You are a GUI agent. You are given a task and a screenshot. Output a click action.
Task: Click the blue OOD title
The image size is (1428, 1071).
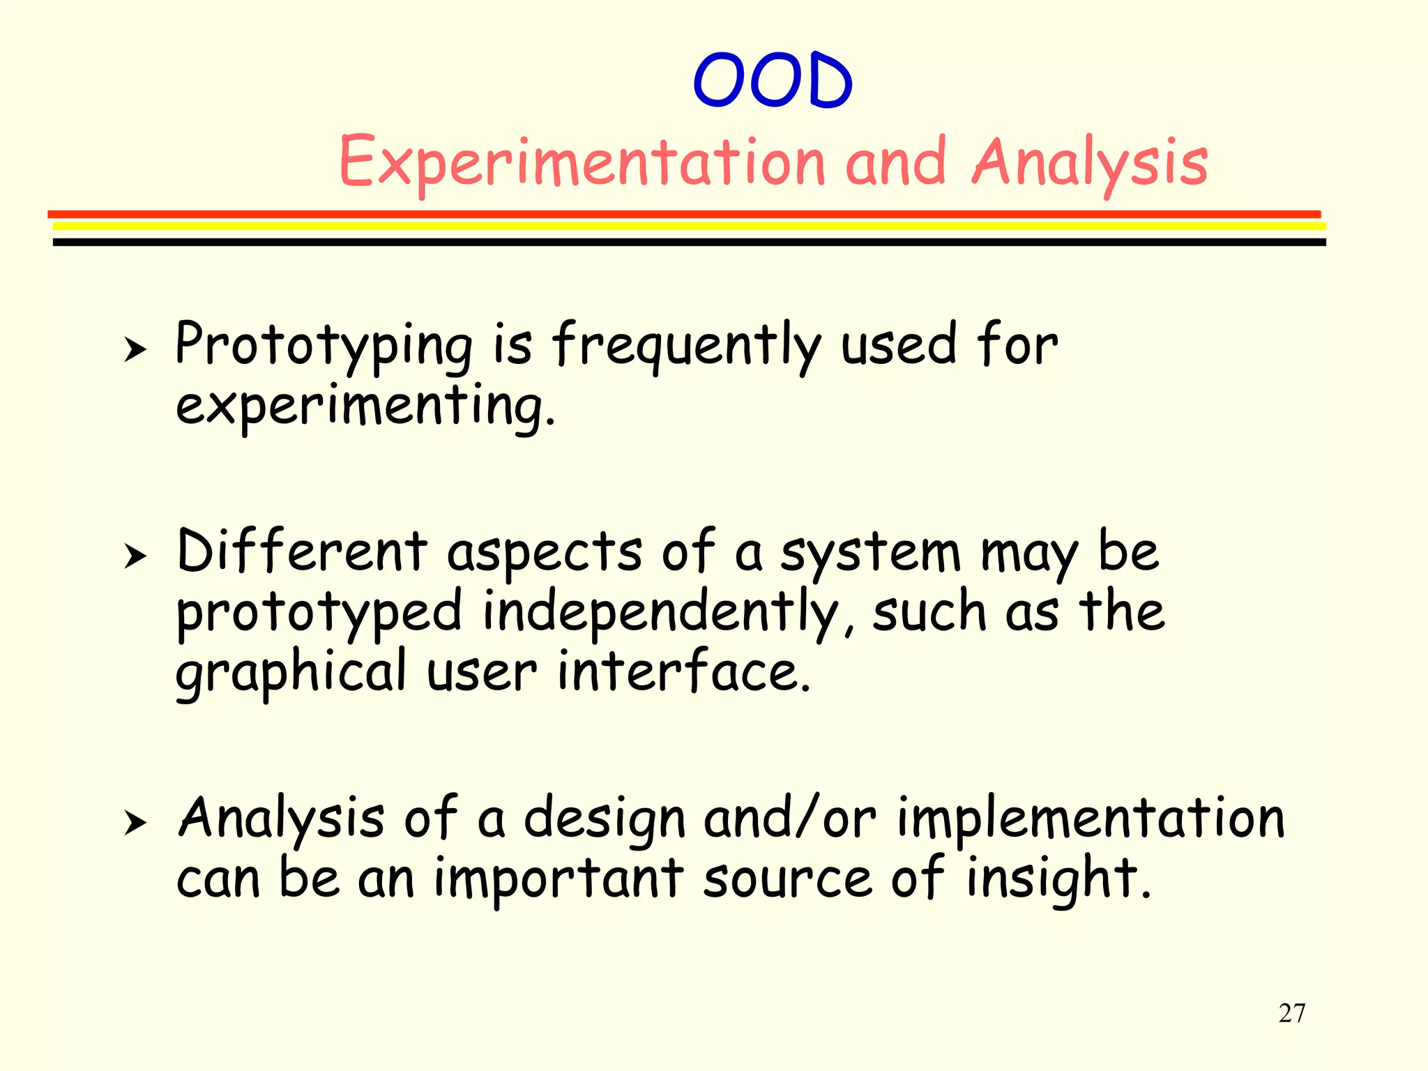(x=773, y=81)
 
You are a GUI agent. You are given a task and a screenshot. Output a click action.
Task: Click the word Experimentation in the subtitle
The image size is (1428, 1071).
(x=582, y=163)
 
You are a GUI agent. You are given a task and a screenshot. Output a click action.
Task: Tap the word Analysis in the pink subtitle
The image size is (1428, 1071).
(x=1089, y=163)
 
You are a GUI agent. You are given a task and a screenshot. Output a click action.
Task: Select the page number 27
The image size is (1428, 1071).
(x=1292, y=1013)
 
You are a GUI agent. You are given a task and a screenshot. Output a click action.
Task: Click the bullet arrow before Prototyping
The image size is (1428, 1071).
(x=135, y=349)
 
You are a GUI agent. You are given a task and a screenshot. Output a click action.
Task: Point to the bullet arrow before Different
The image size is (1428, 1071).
(x=135, y=556)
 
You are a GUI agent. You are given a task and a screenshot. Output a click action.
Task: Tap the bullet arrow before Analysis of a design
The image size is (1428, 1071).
(x=135, y=823)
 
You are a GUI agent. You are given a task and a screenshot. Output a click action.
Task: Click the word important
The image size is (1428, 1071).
(x=558, y=880)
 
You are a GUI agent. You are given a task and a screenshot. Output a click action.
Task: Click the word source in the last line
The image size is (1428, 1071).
(x=787, y=880)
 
